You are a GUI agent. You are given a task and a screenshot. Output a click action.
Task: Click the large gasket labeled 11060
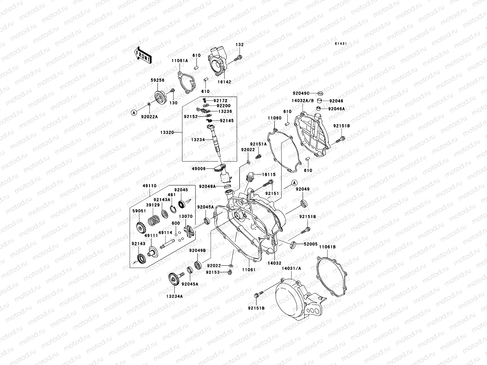pyautogui.click(x=283, y=146)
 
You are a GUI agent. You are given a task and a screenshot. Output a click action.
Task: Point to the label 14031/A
pyautogui.click(x=291, y=269)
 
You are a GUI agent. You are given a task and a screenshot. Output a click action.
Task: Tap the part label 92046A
pyautogui.click(x=337, y=109)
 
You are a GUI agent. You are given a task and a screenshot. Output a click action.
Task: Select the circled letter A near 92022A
pyautogui.click(x=133, y=113)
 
